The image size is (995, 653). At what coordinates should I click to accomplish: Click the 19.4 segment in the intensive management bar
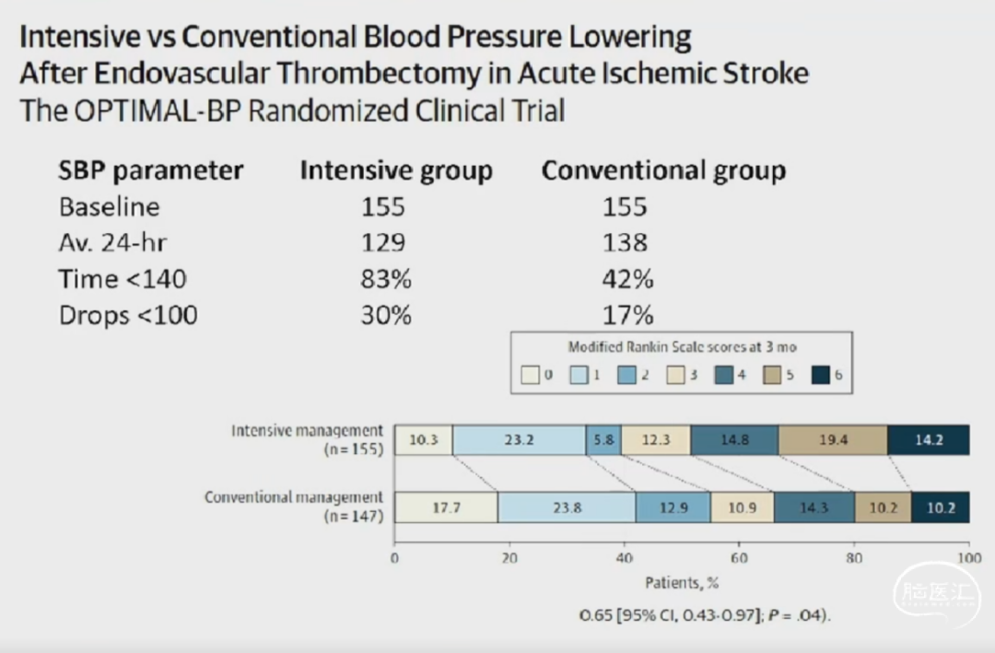[x=833, y=440]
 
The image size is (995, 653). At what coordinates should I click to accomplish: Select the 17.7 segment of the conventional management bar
[x=446, y=507]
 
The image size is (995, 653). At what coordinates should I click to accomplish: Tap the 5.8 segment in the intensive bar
[x=603, y=440]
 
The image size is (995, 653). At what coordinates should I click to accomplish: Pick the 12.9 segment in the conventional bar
[x=673, y=507]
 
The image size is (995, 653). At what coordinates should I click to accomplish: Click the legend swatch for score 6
[x=822, y=375]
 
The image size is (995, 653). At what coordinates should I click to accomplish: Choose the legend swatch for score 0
[x=530, y=375]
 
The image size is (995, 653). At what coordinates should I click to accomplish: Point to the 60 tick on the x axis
[x=739, y=558]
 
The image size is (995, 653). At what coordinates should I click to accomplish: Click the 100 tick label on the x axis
[x=967, y=558]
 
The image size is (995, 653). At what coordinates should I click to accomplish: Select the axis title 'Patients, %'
[x=681, y=582]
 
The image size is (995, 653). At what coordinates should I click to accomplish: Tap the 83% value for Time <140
[x=385, y=279]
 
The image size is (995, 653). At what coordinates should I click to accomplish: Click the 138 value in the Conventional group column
[x=626, y=243]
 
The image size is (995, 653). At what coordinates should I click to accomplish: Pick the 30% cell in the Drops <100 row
[x=385, y=315]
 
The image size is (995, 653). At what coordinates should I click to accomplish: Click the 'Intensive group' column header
[x=396, y=170]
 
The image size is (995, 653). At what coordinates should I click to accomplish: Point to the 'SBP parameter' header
[x=151, y=170]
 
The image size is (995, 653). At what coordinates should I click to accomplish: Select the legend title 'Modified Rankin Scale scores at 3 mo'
[x=683, y=347]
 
